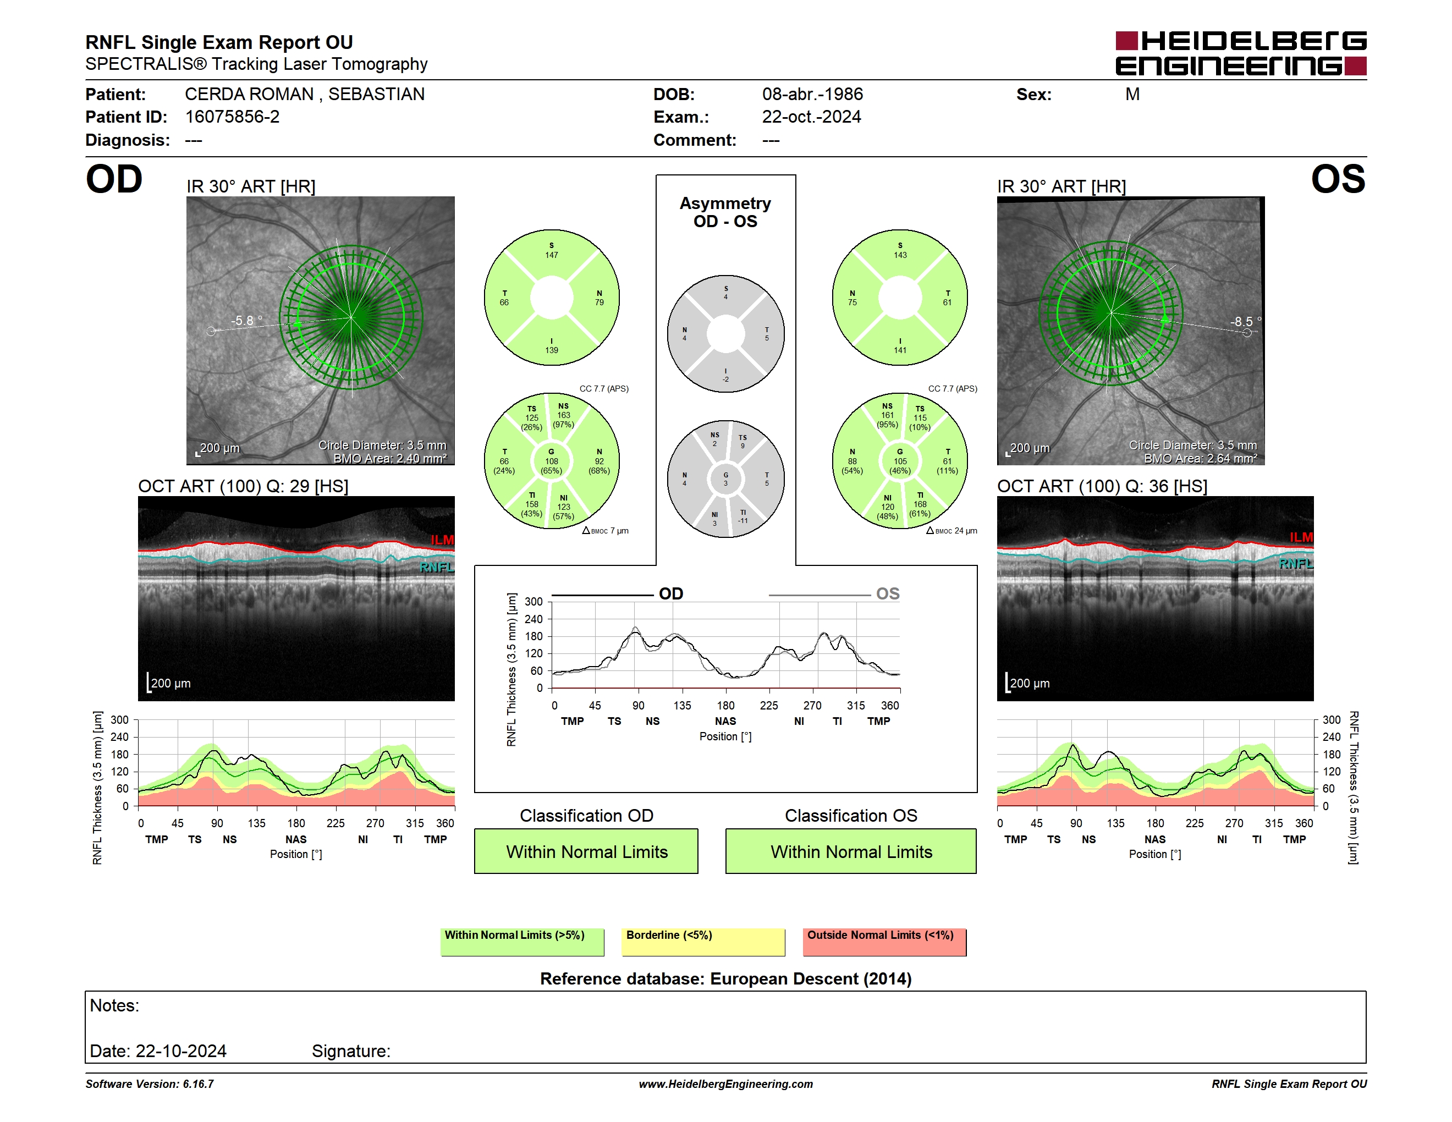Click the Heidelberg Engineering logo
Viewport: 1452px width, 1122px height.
point(1241,53)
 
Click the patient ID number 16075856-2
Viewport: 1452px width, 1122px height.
point(232,117)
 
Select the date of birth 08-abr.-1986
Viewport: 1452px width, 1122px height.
point(812,95)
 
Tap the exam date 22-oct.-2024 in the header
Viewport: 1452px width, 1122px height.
point(811,117)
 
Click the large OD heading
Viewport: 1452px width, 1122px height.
point(114,179)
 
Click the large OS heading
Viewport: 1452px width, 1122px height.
point(1338,179)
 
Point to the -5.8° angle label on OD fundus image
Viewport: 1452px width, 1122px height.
point(246,321)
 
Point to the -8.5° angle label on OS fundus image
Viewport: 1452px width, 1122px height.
point(1245,322)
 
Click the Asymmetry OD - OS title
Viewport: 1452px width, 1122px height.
point(725,212)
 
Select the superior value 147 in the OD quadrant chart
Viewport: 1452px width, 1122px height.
point(552,255)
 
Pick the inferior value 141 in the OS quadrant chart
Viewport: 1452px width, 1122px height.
point(900,350)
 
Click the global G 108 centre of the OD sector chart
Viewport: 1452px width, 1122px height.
point(552,461)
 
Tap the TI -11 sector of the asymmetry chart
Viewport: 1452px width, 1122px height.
point(743,516)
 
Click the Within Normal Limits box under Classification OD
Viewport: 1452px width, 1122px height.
point(586,851)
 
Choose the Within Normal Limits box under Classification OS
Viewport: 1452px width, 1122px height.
point(851,851)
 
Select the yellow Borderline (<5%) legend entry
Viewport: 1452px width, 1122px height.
point(703,942)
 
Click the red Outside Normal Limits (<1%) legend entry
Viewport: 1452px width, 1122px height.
point(884,942)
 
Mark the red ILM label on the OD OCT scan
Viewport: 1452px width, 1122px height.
point(442,540)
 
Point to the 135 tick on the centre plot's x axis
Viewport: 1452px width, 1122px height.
point(682,705)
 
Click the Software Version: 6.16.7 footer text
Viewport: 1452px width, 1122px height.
point(150,1084)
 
